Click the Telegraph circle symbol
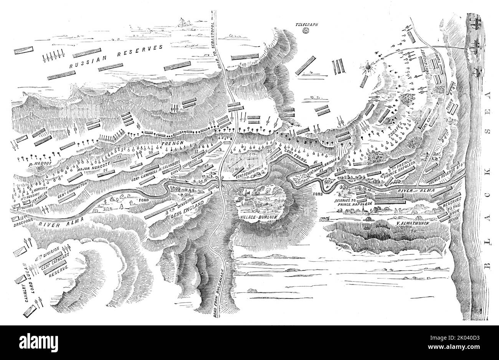click(x=306, y=31)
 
